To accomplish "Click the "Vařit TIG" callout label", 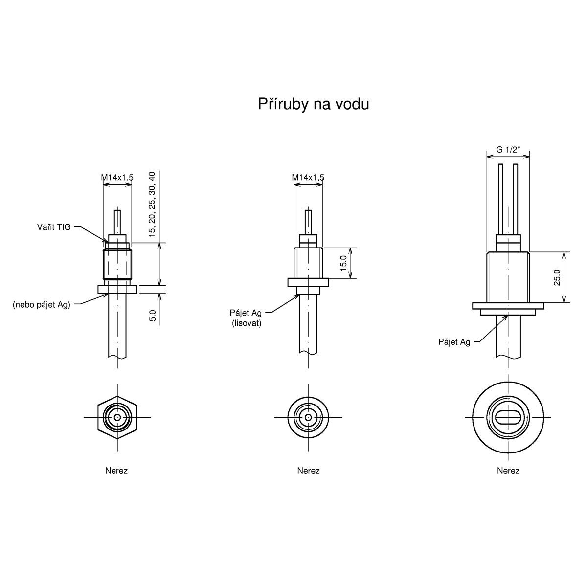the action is pyautogui.click(x=54, y=227).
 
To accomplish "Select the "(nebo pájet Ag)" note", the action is pyautogui.click(x=42, y=305).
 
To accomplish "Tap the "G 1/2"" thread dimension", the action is pyautogui.click(x=508, y=150).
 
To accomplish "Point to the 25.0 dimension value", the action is pyautogui.click(x=557, y=277).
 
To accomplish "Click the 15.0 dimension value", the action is pyautogui.click(x=343, y=263).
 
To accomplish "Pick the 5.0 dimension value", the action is pyautogui.click(x=153, y=316).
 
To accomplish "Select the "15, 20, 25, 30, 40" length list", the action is pyautogui.click(x=152, y=204).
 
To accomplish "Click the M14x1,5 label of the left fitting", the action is pyautogui.click(x=117, y=177).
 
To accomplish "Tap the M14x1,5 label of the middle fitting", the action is pyautogui.click(x=308, y=177).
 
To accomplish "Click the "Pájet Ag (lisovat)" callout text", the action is pyautogui.click(x=246, y=318).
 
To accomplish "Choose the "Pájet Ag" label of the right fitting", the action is pyautogui.click(x=454, y=342).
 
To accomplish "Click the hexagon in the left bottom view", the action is pyautogui.click(x=117, y=417).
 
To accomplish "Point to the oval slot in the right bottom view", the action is pyautogui.click(x=508, y=417).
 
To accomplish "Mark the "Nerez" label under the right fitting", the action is pyautogui.click(x=508, y=471).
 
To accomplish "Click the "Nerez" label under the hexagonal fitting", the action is pyautogui.click(x=116, y=471).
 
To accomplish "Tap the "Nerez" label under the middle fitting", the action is pyautogui.click(x=308, y=471).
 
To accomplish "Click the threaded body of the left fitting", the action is pyautogui.click(x=117, y=264).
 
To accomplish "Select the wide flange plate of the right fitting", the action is pyautogui.click(x=508, y=306).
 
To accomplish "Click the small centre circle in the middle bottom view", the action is pyautogui.click(x=308, y=417).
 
